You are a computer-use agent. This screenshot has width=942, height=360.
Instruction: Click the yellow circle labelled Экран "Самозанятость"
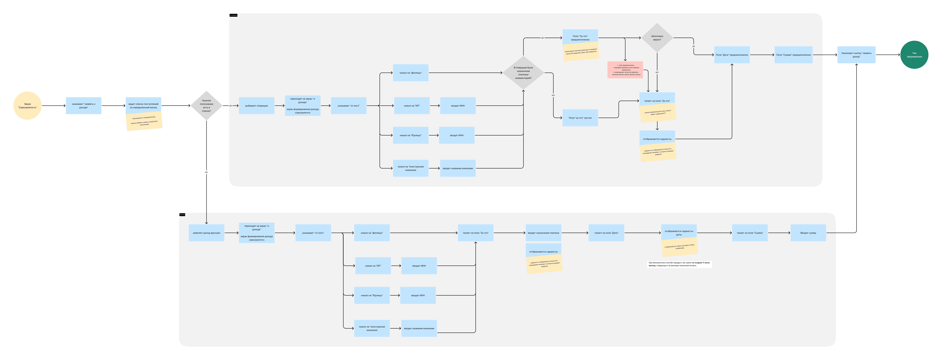point(27,106)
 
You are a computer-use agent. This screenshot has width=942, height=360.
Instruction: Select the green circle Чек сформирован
point(914,55)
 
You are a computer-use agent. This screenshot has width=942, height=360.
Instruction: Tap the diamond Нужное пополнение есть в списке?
point(206,106)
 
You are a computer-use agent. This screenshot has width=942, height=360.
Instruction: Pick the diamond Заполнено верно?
point(657,38)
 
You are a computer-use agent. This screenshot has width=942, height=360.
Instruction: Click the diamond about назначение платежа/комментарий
point(523,73)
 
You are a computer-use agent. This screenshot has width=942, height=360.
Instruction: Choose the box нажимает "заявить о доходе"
point(83,106)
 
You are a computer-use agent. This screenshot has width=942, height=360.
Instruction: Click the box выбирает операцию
point(256,106)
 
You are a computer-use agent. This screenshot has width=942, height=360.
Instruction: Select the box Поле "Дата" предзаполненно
point(732,55)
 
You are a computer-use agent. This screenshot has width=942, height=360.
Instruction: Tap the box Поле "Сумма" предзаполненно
point(793,55)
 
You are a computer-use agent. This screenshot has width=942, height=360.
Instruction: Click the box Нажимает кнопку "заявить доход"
point(856,55)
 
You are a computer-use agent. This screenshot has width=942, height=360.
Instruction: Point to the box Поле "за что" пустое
point(580,118)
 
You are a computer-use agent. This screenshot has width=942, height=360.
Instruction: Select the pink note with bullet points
point(625,69)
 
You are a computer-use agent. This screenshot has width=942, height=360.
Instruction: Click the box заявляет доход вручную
point(206,233)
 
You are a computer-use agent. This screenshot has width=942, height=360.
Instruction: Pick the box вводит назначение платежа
point(543,233)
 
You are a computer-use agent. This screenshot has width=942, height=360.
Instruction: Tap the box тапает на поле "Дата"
point(606,233)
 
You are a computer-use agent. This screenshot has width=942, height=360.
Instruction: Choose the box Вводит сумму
point(808,233)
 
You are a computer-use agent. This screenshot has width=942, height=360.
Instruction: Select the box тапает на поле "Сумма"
point(750,233)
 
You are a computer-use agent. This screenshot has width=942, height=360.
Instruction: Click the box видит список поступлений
point(143,105)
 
